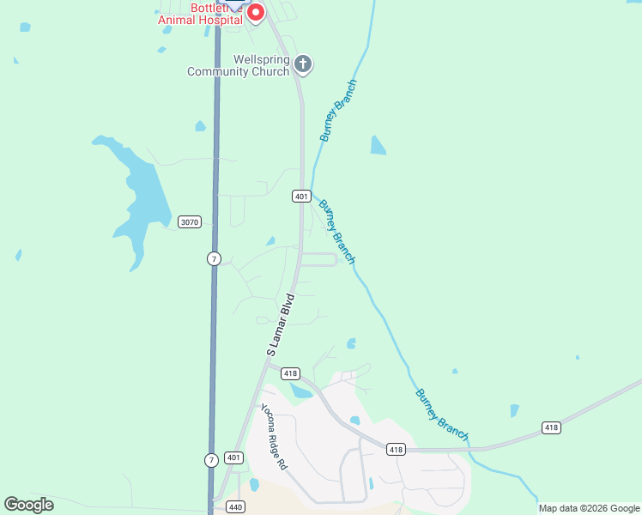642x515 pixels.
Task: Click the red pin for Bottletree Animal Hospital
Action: click(255, 12)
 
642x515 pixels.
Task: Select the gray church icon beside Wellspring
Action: click(302, 64)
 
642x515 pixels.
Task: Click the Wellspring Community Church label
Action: click(239, 66)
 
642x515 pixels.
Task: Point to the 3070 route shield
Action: click(190, 222)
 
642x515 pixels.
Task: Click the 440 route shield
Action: click(236, 507)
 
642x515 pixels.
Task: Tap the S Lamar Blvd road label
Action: click(280, 324)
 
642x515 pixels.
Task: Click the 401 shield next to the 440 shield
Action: click(233, 458)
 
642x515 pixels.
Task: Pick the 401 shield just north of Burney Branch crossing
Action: click(300, 197)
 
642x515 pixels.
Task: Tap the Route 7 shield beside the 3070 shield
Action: click(214, 258)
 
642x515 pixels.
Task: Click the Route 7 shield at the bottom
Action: click(211, 461)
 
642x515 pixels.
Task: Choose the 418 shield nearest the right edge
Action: click(551, 427)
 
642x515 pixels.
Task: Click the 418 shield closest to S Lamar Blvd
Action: click(290, 373)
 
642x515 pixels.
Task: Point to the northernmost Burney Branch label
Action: click(338, 111)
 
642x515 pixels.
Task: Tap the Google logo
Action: click(28, 505)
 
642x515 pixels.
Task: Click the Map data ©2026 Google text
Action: click(589, 508)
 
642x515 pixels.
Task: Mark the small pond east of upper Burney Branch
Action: click(378, 146)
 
